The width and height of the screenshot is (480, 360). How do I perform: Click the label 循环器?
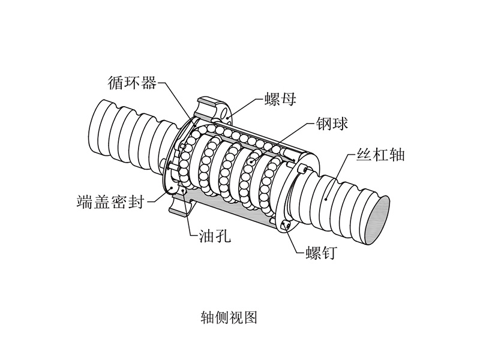(x=132, y=82)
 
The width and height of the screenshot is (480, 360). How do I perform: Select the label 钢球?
(x=332, y=124)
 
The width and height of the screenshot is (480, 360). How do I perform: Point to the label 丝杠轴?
(x=380, y=154)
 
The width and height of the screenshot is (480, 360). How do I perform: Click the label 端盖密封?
(x=110, y=202)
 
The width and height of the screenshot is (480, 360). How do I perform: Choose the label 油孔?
(x=215, y=235)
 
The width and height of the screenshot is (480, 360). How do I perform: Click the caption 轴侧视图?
(x=229, y=317)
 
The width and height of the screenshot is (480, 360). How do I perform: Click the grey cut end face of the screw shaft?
(x=378, y=220)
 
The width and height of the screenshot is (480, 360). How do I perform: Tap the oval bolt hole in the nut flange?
(x=226, y=112)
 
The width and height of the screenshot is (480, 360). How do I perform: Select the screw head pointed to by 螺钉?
(x=286, y=226)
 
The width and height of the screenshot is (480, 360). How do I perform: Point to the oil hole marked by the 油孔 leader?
(x=183, y=191)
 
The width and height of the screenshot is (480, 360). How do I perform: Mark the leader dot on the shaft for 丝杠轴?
(x=326, y=199)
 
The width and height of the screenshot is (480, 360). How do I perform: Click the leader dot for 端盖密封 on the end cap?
(x=172, y=188)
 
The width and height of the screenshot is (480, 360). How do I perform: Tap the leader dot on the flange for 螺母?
(x=227, y=117)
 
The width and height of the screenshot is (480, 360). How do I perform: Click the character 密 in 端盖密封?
(x=118, y=202)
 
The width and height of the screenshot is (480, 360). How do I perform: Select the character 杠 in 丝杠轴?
(x=380, y=154)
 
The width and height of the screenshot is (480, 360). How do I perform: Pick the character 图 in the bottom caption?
(x=250, y=317)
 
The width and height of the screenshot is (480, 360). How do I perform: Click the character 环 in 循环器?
(x=132, y=82)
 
